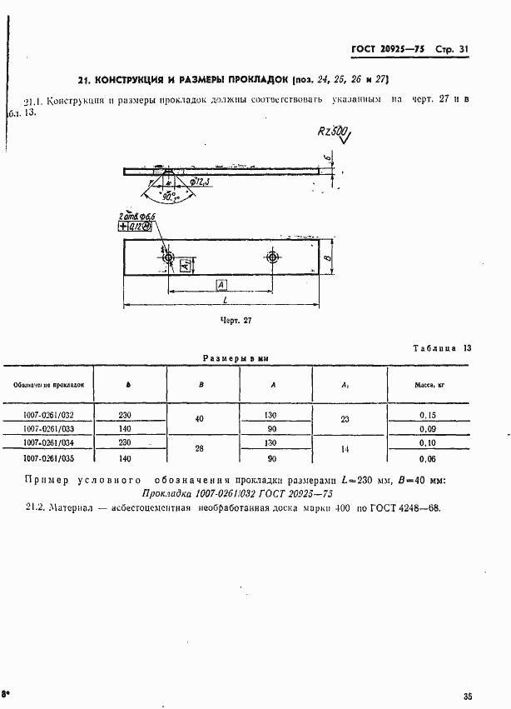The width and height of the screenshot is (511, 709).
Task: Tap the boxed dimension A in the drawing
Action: pyautogui.click(x=221, y=285)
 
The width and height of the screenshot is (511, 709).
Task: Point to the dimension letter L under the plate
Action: pyautogui.click(x=225, y=299)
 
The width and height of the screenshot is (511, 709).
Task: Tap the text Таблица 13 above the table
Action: pyautogui.click(x=442, y=348)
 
